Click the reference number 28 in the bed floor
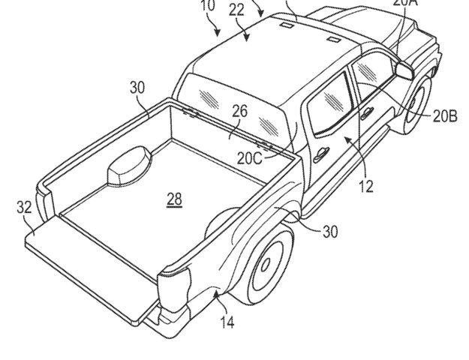174,199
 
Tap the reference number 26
239,112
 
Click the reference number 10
208,7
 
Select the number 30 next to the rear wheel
329,232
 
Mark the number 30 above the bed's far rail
137,87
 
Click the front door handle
368,115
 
